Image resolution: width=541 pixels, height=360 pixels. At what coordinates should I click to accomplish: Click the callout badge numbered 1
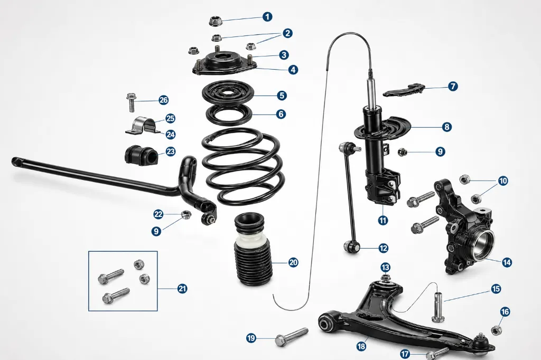(x=267, y=16)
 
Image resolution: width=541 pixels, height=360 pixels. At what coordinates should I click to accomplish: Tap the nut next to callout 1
(x=216, y=22)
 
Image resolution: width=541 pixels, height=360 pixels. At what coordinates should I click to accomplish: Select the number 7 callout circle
(x=453, y=86)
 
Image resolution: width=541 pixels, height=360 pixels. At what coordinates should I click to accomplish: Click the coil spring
(x=243, y=167)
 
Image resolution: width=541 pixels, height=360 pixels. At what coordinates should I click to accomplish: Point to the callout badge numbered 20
(x=293, y=262)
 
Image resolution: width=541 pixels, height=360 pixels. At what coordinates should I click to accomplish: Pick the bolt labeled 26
(x=132, y=102)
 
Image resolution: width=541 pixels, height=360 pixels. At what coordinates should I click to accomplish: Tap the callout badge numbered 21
(x=182, y=288)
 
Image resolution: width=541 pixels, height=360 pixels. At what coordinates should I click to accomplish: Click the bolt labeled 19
(x=292, y=337)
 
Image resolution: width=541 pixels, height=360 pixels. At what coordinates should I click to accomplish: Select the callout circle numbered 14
(x=507, y=262)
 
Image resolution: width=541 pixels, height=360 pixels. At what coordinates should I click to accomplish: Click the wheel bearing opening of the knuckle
(x=482, y=243)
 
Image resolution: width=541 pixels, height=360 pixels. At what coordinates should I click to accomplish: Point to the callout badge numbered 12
(x=384, y=248)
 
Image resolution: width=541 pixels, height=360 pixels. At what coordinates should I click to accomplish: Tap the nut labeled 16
(x=496, y=330)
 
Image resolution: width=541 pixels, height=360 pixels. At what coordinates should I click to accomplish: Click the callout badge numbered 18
(x=361, y=346)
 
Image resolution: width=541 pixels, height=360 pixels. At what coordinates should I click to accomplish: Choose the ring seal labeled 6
(x=228, y=115)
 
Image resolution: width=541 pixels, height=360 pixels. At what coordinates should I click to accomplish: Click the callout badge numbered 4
(x=293, y=70)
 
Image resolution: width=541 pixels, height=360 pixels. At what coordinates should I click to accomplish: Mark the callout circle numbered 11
(x=383, y=220)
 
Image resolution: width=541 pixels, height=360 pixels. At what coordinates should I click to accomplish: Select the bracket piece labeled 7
(x=404, y=90)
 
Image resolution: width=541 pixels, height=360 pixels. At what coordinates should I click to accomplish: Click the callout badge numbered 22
(x=158, y=214)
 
